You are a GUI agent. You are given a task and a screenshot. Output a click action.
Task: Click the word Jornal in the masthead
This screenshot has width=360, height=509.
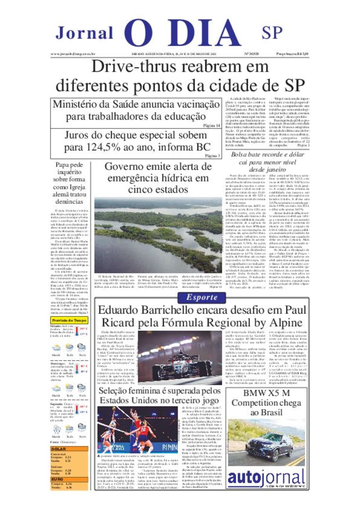(x=84, y=33)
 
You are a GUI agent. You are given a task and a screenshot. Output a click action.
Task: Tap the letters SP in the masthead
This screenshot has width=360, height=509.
(x=272, y=33)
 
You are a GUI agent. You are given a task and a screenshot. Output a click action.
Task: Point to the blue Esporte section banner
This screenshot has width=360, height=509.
(x=202, y=298)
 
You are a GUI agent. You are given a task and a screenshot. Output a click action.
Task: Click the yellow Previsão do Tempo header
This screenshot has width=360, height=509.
(x=69, y=320)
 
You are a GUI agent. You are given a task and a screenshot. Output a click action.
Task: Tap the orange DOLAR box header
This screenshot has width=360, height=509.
(x=59, y=449)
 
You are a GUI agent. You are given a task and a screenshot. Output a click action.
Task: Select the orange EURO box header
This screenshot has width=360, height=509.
(x=57, y=479)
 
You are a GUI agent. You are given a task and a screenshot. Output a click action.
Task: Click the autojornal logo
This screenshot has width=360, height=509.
(x=266, y=478)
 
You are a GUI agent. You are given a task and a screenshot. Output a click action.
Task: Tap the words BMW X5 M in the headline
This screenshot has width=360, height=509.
(x=266, y=393)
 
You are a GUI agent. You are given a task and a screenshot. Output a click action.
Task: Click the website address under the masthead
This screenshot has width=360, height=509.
(x=73, y=54)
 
